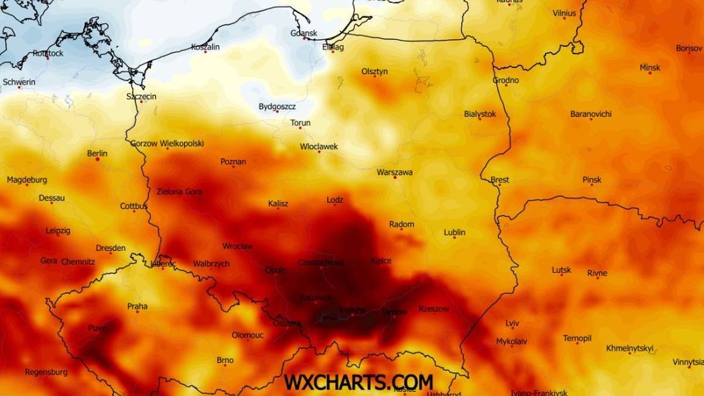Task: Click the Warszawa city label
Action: coord(394,172)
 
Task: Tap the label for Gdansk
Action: coord(304,33)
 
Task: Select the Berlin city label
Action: coord(97,154)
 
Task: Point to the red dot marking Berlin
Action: coord(97,159)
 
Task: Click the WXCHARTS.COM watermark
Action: coord(358,382)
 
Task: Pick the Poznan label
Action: coord(233,161)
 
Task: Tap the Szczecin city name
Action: coord(141,96)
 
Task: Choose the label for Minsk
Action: coord(649,67)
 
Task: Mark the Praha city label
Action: coord(137,306)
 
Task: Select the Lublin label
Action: coord(454,232)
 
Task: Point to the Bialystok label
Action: coord(479,114)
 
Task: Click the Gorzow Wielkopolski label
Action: coord(167,143)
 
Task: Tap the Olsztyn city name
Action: coord(374,72)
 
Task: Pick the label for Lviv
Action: coord(512,323)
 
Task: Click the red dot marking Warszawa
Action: coord(395,178)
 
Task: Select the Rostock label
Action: coord(48,53)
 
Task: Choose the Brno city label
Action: coord(225,360)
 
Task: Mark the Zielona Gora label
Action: coord(179,191)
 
